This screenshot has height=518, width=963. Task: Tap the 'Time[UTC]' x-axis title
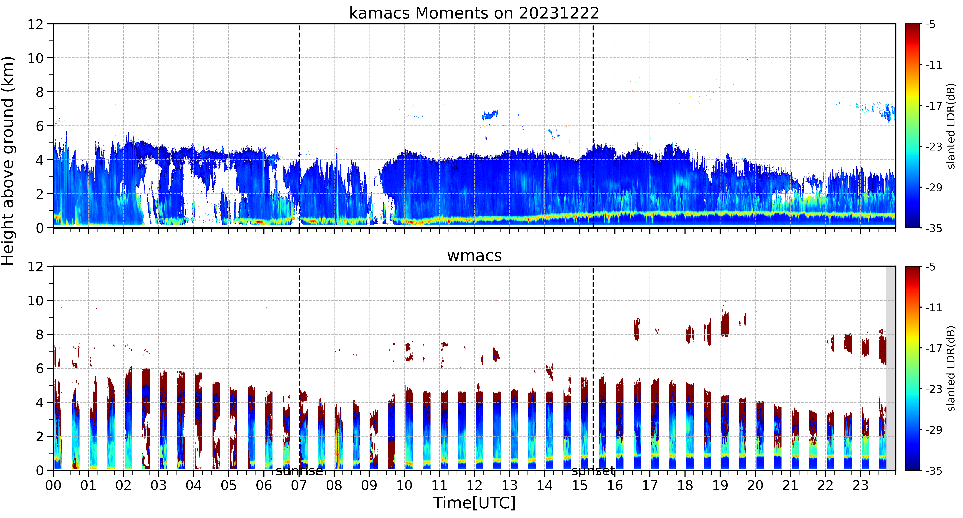pyautogui.click(x=474, y=503)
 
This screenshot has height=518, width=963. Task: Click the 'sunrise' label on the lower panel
pyautogui.click(x=299, y=471)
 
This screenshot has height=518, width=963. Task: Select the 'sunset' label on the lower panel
pyautogui.click(x=593, y=471)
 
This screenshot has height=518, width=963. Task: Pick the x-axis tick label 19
pyautogui.click(x=720, y=485)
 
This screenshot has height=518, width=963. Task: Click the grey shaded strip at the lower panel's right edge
pyautogui.click(x=891, y=368)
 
